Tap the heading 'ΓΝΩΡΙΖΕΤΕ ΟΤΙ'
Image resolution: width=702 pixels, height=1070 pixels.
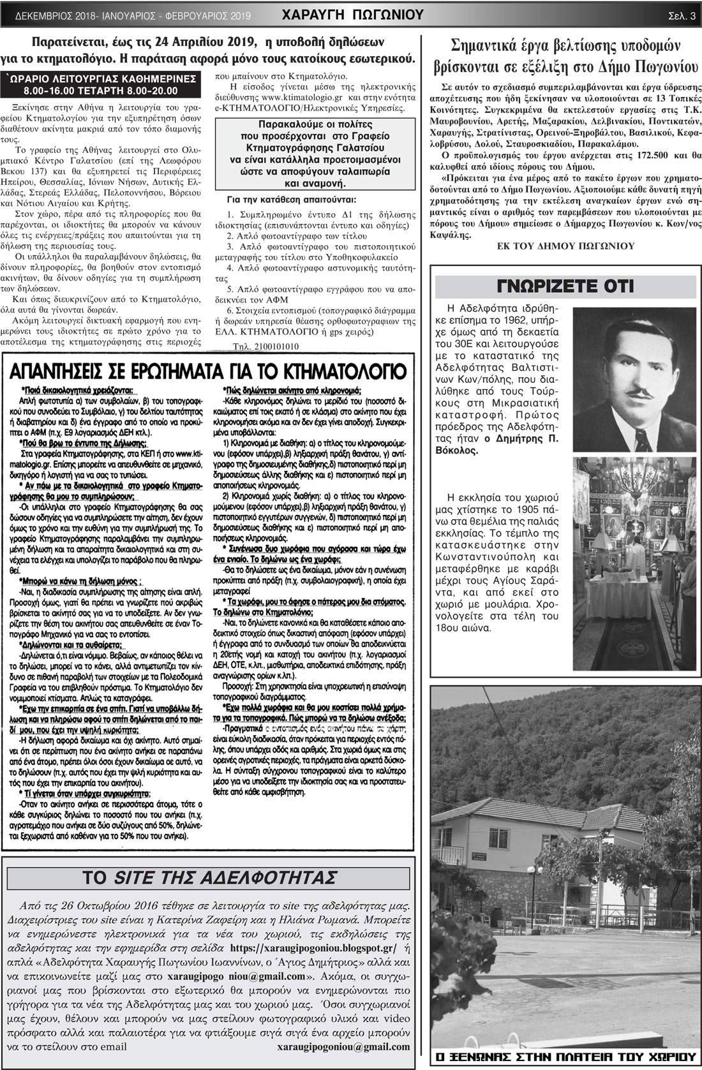pos(565,286)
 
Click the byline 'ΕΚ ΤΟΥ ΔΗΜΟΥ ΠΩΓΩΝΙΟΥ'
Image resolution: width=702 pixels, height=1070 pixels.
pos(565,245)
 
